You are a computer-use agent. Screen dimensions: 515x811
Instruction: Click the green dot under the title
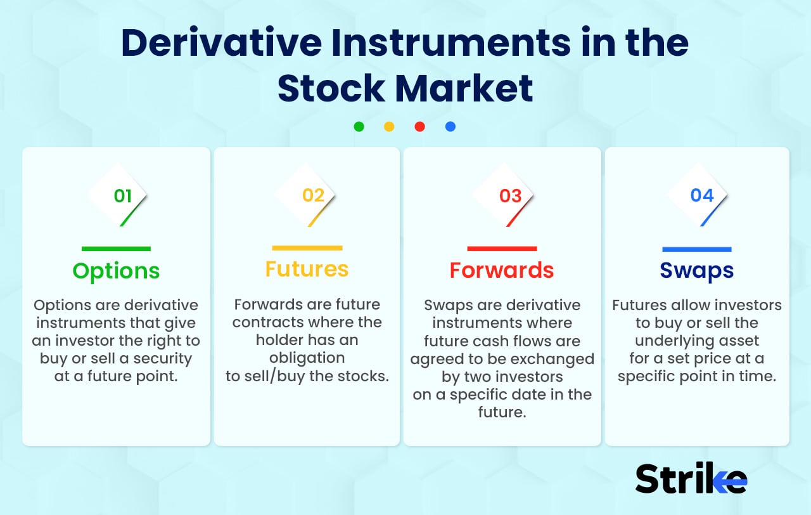(x=359, y=126)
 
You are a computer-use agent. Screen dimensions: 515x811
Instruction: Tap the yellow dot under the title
(x=389, y=126)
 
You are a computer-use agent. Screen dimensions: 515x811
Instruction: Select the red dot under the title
(x=419, y=126)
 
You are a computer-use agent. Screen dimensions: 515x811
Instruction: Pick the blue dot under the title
(x=450, y=126)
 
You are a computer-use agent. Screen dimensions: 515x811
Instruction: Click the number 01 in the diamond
(x=122, y=196)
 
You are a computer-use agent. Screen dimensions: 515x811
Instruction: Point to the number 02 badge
(x=313, y=195)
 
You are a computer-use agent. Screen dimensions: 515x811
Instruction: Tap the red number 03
(x=510, y=196)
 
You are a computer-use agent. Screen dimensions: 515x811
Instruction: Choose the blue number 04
(x=702, y=195)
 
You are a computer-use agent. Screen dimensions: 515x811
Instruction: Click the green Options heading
(x=116, y=271)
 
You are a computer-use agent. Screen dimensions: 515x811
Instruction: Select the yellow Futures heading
(x=307, y=269)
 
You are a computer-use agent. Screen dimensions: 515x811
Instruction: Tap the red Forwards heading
(x=502, y=270)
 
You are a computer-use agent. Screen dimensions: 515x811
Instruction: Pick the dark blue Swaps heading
(x=697, y=270)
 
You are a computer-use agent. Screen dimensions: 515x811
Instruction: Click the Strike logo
(x=691, y=479)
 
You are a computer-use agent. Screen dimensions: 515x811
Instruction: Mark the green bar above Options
(x=116, y=249)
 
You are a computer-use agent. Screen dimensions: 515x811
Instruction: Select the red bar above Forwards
(x=502, y=249)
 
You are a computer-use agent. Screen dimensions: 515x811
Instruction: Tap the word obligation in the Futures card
(x=307, y=358)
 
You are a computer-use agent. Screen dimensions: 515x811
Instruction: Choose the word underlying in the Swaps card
(x=697, y=341)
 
